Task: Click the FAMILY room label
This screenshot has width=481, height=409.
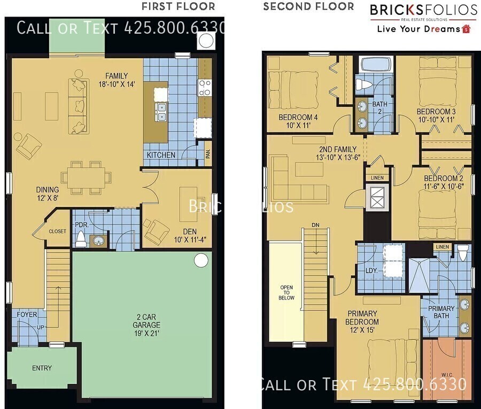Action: point(117,76)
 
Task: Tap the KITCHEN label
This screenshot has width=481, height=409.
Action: point(161,155)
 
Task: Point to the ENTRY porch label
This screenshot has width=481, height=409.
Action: point(42,368)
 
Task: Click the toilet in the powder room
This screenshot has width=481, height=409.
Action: point(81,240)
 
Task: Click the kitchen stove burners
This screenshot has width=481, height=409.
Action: point(205,88)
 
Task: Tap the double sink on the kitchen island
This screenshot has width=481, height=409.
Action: point(161,112)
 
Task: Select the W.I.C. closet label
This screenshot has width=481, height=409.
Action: point(447,375)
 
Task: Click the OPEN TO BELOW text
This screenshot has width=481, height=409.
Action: point(286,292)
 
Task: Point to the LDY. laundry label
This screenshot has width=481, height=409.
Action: point(371,271)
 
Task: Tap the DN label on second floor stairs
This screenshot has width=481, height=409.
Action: point(316,225)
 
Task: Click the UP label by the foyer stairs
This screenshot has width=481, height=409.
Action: point(41,327)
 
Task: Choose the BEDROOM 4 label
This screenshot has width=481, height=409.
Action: point(298,117)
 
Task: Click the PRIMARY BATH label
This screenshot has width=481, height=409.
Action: point(441,312)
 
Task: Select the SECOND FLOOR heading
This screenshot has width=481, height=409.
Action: point(308,6)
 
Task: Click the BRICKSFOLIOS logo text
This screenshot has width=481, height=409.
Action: point(424,10)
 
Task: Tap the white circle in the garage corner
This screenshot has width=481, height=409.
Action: point(201,260)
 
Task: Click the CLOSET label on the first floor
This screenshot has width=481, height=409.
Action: point(58,231)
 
